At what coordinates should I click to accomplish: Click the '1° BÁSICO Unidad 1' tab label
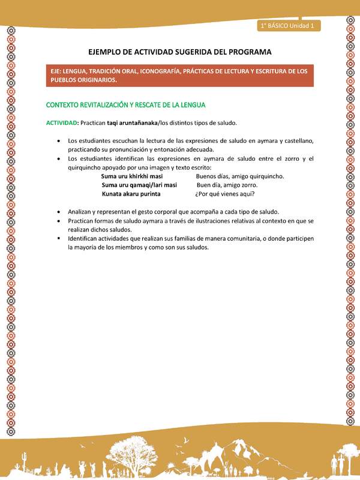pos(290,26)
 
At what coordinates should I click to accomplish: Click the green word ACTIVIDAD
pos(61,123)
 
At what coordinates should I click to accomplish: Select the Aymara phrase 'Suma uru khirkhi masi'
pos(132,176)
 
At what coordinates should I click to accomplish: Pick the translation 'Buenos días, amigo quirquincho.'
pos(239,176)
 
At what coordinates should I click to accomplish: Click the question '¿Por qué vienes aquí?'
pos(224,194)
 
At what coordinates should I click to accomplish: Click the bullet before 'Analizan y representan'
pos(58,212)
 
